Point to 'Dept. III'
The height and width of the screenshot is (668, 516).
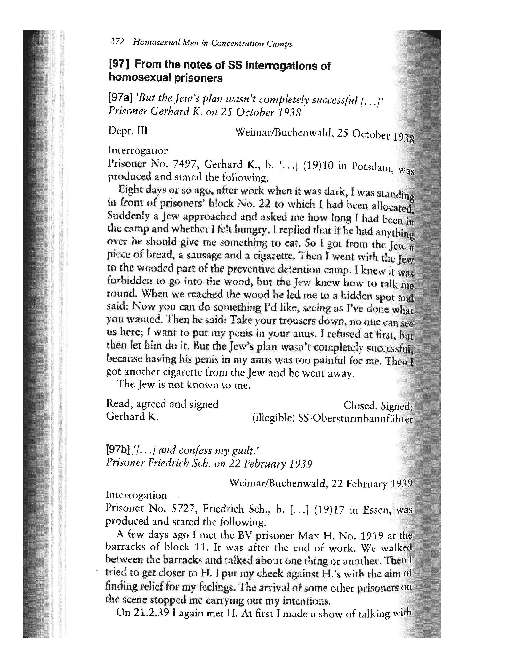(128, 131)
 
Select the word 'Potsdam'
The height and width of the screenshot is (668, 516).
(371, 166)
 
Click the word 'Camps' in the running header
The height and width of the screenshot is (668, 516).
(279, 44)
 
